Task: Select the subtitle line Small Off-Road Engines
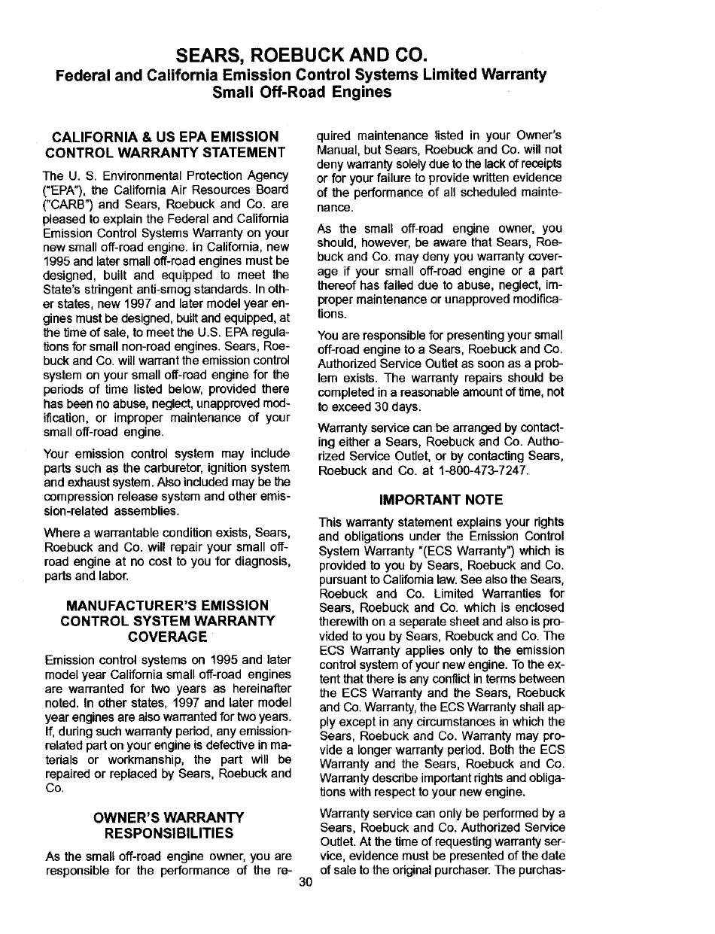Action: pos(302,93)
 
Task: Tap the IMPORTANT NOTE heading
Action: pos(440,499)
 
